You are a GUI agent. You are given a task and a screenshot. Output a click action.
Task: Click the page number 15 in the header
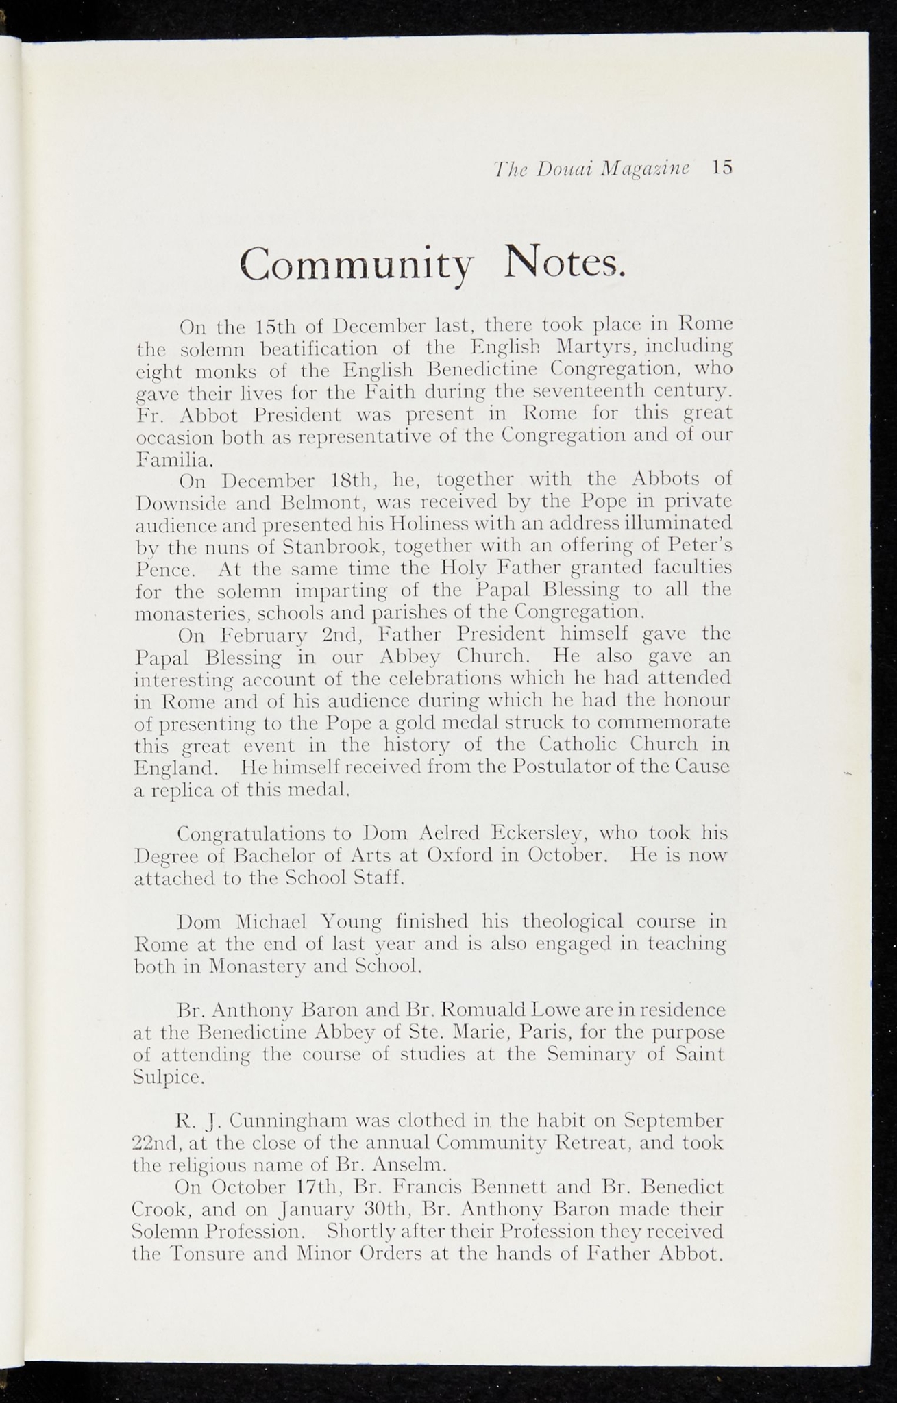pyautogui.click(x=722, y=168)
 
